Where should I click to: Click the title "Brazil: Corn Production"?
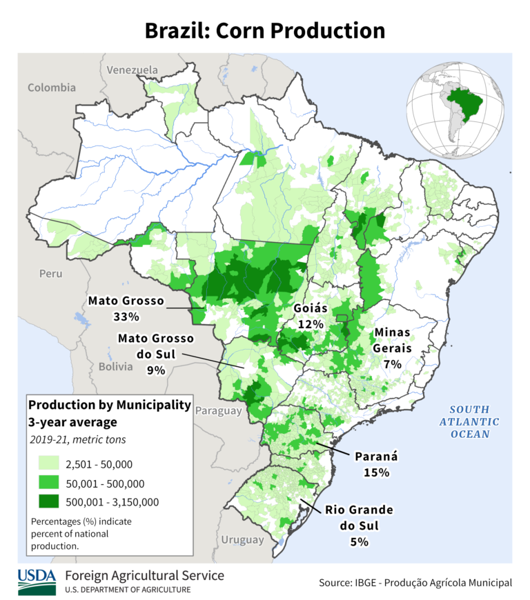tap(265, 30)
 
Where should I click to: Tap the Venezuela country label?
tap(132, 70)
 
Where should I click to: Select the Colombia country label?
tap(52, 88)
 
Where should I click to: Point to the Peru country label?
tap(50, 274)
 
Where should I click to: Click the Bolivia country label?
tap(115, 367)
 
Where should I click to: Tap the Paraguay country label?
tap(219, 411)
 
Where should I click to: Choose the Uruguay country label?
tap(242, 539)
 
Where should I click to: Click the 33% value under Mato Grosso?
tap(126, 317)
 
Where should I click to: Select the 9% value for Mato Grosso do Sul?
tap(156, 370)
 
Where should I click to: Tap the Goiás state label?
tap(311, 308)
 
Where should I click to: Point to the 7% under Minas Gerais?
tap(392, 363)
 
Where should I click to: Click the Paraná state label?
tap(377, 457)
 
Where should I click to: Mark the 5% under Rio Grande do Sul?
tap(359, 541)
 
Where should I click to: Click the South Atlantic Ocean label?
tap(471, 421)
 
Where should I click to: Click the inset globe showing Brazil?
tap(455, 108)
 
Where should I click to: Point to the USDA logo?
tap(37, 581)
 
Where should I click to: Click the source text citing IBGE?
tap(415, 583)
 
